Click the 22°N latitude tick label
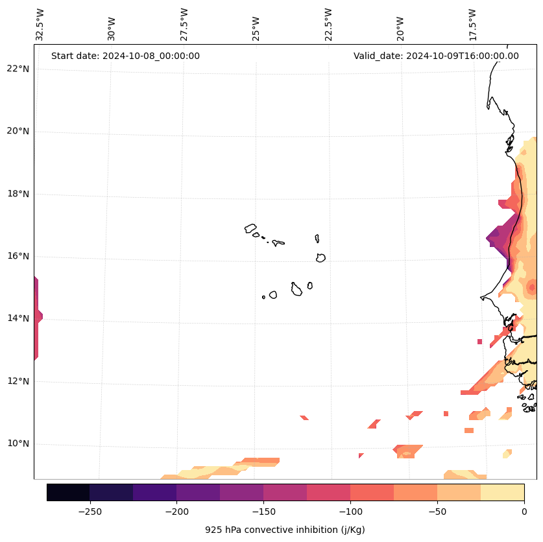(18, 69)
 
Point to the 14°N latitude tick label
(18, 318)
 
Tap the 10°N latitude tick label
(18, 444)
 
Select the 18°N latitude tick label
(18, 194)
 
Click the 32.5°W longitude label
(40, 25)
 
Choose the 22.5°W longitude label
(328, 25)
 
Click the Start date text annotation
(125, 56)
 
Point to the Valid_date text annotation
(436, 56)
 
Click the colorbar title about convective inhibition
(285, 530)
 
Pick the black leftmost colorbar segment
(68, 493)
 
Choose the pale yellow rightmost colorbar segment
(502, 493)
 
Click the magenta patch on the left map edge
(37, 318)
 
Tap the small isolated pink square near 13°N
(479, 342)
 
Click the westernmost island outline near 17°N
(250, 228)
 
